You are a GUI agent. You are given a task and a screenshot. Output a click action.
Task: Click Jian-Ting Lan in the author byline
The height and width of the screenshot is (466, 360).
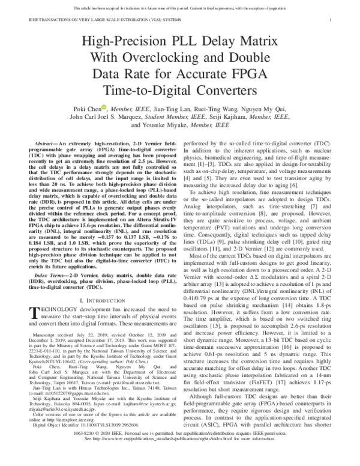[x=158, y=109]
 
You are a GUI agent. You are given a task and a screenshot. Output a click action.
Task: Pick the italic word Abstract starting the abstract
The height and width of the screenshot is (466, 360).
[x=47, y=146]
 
